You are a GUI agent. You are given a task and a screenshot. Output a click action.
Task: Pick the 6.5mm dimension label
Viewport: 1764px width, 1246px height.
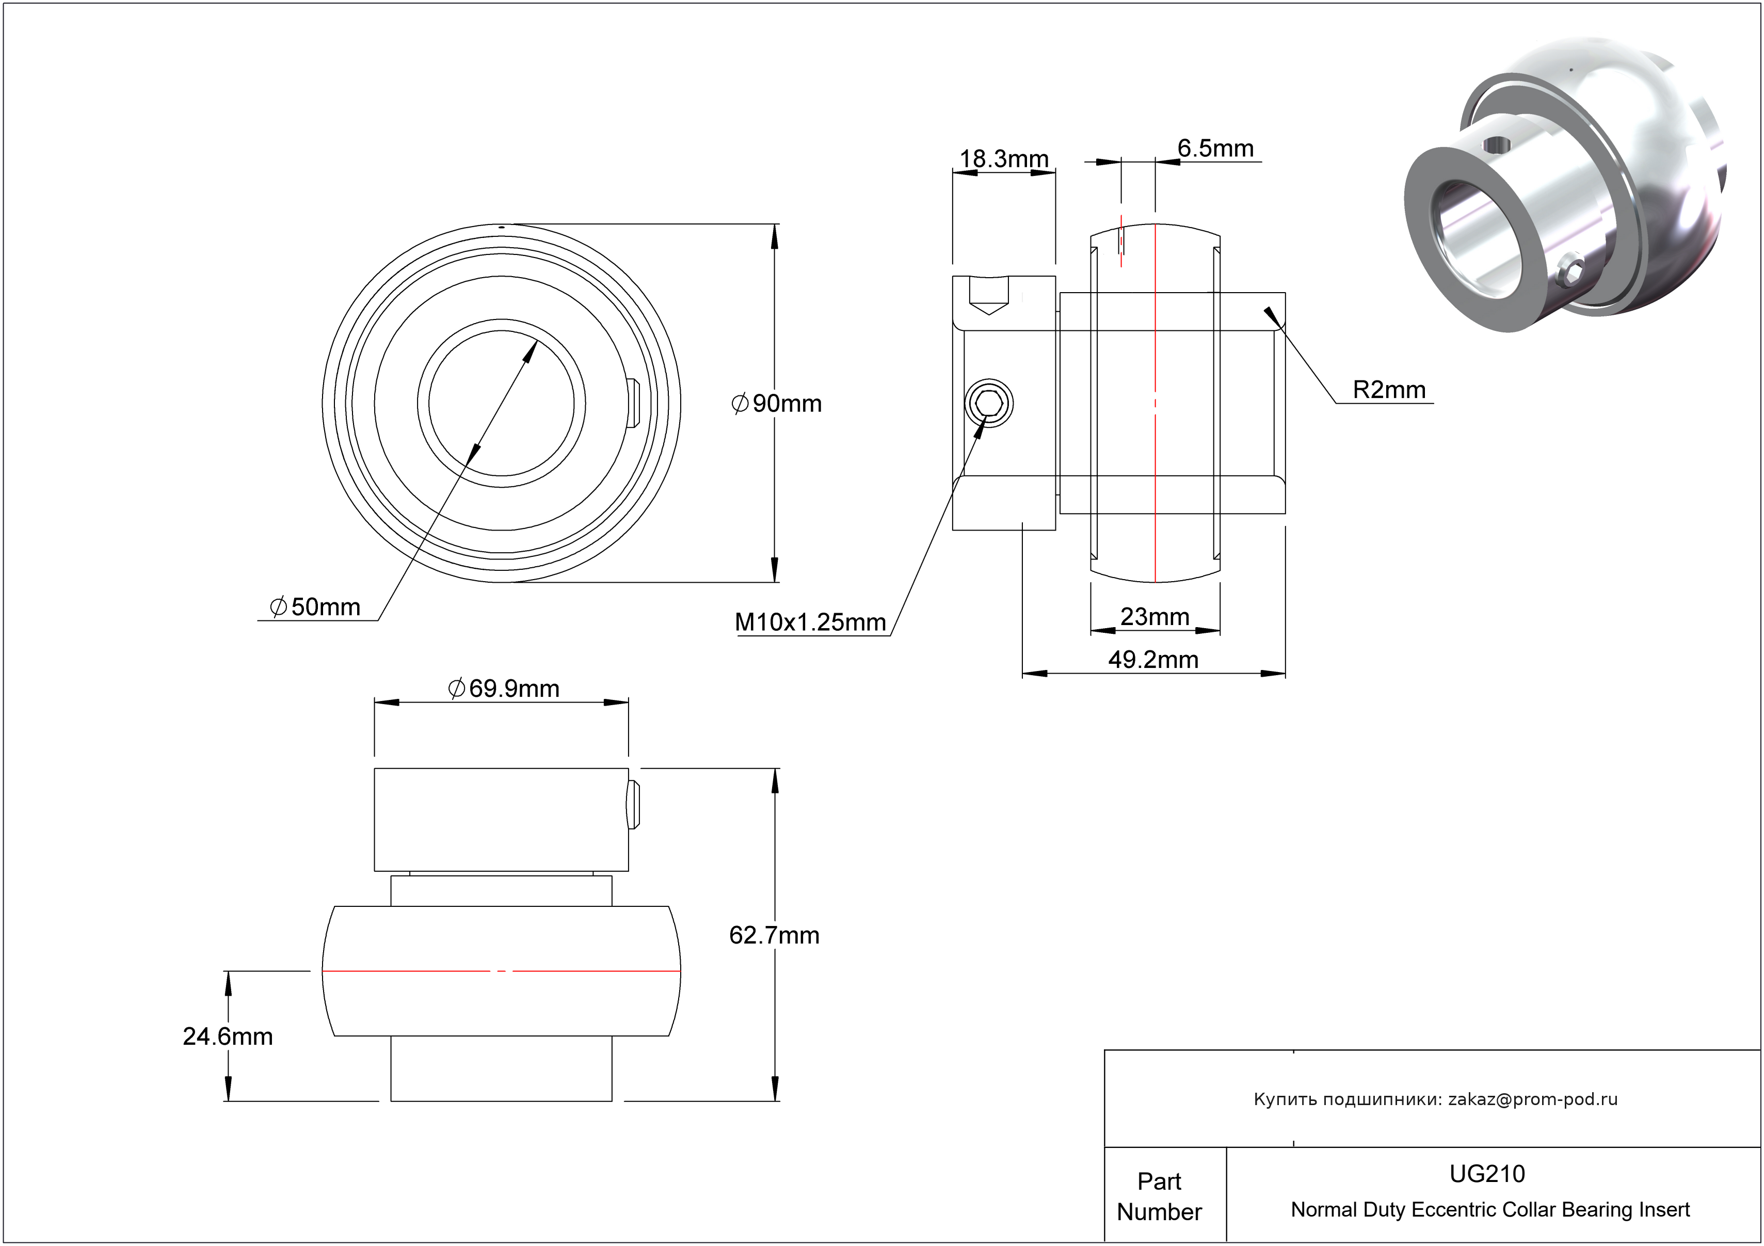click(x=1215, y=148)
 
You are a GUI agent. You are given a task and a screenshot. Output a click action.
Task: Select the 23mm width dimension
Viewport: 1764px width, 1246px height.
click(x=1154, y=616)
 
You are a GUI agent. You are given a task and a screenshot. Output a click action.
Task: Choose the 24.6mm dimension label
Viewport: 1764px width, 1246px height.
click(x=228, y=1036)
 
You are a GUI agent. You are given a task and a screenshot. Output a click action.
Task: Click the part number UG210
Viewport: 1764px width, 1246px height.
click(x=1487, y=1173)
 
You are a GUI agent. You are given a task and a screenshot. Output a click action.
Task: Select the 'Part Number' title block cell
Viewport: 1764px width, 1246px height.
click(x=1159, y=1195)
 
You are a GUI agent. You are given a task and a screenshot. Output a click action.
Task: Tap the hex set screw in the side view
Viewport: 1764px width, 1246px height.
click(x=989, y=403)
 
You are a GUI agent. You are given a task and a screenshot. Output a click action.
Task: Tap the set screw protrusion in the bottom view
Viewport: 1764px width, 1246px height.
click(x=633, y=804)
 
